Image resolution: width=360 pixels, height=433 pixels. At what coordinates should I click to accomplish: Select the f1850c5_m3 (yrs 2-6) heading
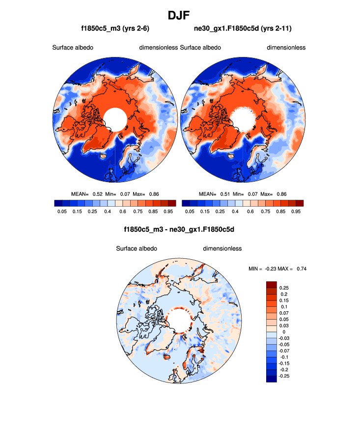(115, 28)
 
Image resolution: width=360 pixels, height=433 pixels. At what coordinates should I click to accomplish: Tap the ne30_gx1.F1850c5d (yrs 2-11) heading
(243, 28)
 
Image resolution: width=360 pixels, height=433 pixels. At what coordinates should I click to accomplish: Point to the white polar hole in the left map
(116, 119)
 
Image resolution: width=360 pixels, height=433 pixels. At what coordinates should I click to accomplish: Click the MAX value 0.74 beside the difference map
(302, 268)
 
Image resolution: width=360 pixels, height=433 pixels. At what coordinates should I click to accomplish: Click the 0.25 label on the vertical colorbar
(283, 287)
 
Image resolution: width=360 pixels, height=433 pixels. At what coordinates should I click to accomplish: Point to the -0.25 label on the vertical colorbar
(284, 376)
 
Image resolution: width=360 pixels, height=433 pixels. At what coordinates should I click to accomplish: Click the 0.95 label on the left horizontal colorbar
(168, 211)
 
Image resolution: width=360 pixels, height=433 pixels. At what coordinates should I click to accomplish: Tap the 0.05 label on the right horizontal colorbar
(189, 211)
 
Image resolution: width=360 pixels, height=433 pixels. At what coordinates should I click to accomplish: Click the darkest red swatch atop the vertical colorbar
(271, 285)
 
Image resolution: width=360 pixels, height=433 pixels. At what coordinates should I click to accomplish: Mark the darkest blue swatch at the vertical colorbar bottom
(271, 378)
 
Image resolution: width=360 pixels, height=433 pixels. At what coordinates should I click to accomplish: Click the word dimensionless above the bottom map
(222, 248)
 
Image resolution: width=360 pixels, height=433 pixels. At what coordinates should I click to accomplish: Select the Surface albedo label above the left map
(73, 48)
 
